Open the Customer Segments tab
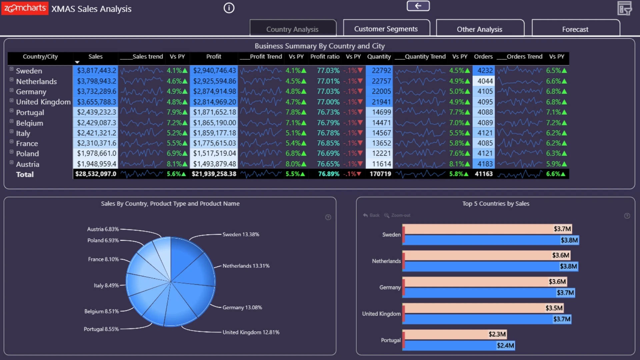(x=386, y=29)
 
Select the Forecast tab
(x=575, y=29)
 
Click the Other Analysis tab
(x=480, y=29)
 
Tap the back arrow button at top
(x=418, y=6)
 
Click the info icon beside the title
(x=229, y=8)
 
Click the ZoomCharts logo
(x=25, y=8)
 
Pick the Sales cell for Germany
(x=96, y=91)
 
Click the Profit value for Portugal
(x=214, y=112)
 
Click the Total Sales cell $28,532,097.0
(x=96, y=174)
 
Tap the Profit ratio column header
(x=325, y=57)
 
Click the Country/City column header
(x=40, y=57)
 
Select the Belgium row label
(x=30, y=123)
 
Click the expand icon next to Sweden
(x=11, y=69)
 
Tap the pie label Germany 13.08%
(x=242, y=307)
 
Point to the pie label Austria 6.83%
(x=103, y=229)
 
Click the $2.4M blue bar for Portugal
(x=459, y=345)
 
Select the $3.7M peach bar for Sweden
(x=487, y=229)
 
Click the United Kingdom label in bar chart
(x=381, y=314)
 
